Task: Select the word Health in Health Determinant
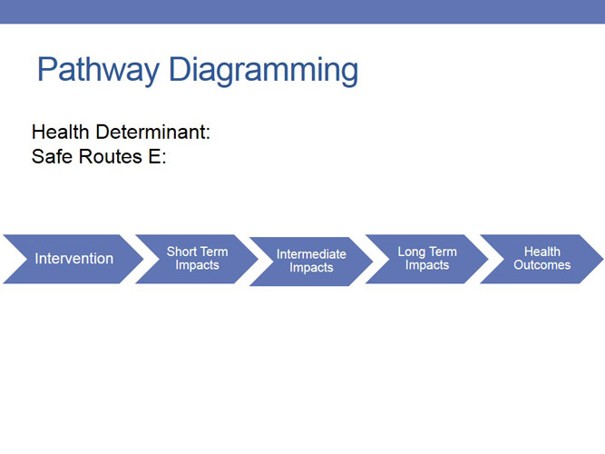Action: point(60,133)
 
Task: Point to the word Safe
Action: point(51,156)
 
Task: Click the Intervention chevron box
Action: point(73,259)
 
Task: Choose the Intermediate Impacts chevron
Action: point(311,262)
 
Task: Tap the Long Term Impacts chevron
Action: point(426,259)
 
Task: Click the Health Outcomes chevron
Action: point(542,259)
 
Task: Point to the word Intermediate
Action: point(311,254)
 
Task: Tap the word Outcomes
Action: point(542,265)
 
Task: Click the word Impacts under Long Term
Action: point(426,265)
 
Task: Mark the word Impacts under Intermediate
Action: point(311,268)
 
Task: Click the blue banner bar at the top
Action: point(302,11)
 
